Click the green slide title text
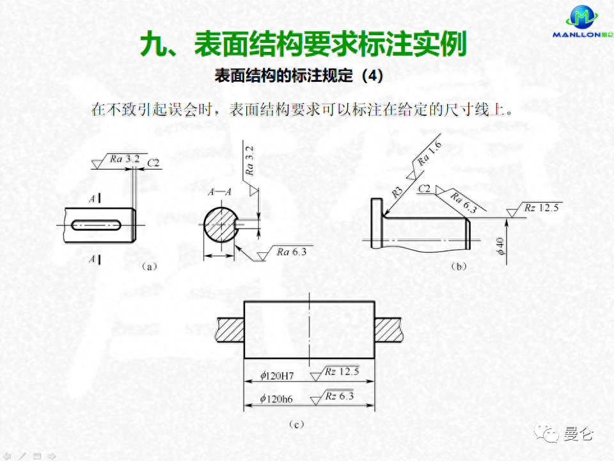click(303, 44)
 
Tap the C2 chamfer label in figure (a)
click(153, 163)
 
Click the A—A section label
click(219, 191)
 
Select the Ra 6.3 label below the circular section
click(292, 252)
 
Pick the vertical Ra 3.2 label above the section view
click(250, 160)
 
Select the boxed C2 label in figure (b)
click(423, 190)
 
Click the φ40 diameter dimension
click(501, 247)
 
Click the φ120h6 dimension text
click(276, 398)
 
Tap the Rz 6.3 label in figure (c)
click(339, 396)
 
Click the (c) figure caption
click(295, 423)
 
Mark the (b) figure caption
click(458, 266)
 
